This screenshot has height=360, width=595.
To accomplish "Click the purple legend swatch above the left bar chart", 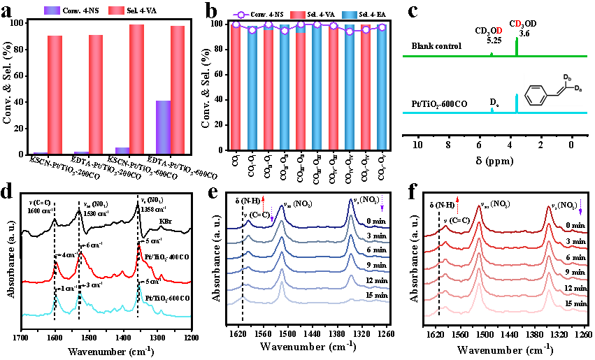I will pos(52,10).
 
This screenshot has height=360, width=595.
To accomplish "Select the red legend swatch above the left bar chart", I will pos(116,10).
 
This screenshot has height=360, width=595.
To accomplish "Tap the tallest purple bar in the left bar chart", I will pos(163,127).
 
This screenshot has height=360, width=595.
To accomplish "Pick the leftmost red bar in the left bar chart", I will pos(55,94).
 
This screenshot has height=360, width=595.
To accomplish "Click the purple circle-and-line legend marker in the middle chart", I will pos(241,15).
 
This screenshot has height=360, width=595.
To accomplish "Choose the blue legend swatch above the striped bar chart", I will pos(349,15).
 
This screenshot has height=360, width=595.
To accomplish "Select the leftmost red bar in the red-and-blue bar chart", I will pos(236,87).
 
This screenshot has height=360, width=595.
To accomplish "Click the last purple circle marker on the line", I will pos(382,27).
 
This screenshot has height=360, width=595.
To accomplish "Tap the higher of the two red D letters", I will pos(518,24).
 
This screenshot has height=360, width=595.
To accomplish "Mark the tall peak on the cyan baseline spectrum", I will pos(517,102).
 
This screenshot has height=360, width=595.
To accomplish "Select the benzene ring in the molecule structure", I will pos(536,95).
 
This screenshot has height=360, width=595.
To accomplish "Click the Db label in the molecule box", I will pos(567,77).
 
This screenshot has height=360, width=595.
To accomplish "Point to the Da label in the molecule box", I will pos(578,88).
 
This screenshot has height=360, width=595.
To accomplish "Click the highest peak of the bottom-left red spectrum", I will pos(138,247).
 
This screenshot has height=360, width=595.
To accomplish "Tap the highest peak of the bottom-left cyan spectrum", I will pos(138,287).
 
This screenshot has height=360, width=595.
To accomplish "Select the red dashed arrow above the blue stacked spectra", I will pos(263,203).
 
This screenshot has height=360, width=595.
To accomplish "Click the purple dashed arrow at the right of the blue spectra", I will pos(382,203).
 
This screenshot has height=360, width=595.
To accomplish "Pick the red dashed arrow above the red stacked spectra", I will pos(457,205).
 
